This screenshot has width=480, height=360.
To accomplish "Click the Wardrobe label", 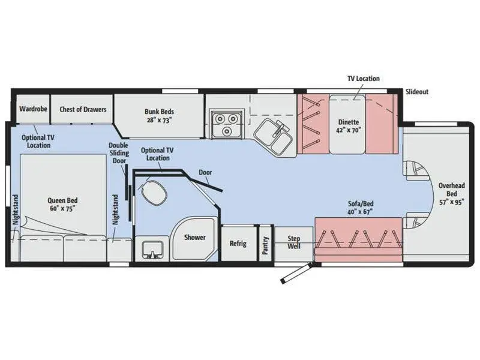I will [x=29, y=109].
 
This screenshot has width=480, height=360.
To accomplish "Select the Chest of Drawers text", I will [x=83, y=109].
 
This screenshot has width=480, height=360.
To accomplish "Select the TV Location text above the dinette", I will [x=364, y=79].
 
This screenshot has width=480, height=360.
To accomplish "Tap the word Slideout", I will [x=416, y=92].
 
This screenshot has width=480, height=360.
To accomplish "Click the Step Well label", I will [x=293, y=242].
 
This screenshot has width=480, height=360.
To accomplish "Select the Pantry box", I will [x=265, y=243].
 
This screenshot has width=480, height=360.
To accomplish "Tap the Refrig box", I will [x=238, y=244].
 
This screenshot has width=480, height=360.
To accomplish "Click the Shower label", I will [x=194, y=238].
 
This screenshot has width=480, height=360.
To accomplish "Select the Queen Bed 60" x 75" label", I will [x=64, y=204].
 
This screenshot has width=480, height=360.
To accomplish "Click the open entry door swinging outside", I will [x=296, y=272].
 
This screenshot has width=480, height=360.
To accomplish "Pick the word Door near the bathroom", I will [x=205, y=172].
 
